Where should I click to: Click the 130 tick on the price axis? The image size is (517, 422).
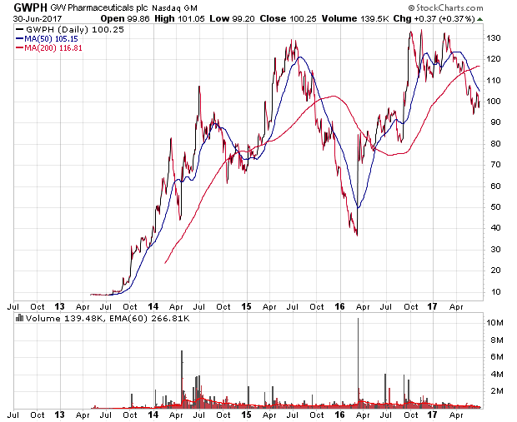[495, 38]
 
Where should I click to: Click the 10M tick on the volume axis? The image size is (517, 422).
[495, 322]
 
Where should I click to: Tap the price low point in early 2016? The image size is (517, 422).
[357, 234]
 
